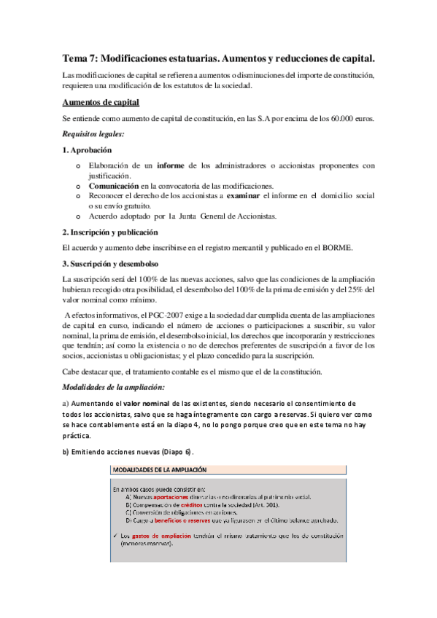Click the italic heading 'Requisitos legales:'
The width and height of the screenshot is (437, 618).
pyautogui.click(x=93, y=134)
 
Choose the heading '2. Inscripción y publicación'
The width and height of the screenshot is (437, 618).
pyautogui.click(x=110, y=232)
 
